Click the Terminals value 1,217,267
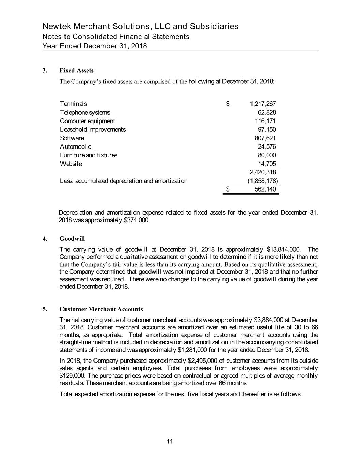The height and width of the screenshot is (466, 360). pyautogui.click(x=263, y=104)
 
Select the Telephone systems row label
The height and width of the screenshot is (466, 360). pyautogui.click(x=85, y=113)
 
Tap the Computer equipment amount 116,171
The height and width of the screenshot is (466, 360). pyautogui.click(x=265, y=121)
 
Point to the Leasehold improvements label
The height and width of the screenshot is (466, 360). pyautogui.click(x=93, y=130)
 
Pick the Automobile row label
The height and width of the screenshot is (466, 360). pyautogui.click(x=76, y=147)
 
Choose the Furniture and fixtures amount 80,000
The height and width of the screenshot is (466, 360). pyautogui.click(x=267, y=155)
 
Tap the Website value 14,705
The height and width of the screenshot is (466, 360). pyautogui.click(x=267, y=164)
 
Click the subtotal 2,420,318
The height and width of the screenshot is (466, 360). pyautogui.click(x=263, y=172)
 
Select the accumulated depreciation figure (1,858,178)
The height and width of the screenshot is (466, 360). pyautogui.click(x=262, y=181)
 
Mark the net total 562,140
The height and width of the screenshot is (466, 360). pyautogui.click(x=265, y=189)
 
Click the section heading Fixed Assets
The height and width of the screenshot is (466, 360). pyautogui.click(x=76, y=71)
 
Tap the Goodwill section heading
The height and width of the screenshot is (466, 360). pyautogui.click(x=72, y=239)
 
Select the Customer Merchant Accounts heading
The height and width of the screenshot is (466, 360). pyautogui.click(x=101, y=309)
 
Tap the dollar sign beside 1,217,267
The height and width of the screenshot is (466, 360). pyautogui.click(x=228, y=104)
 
